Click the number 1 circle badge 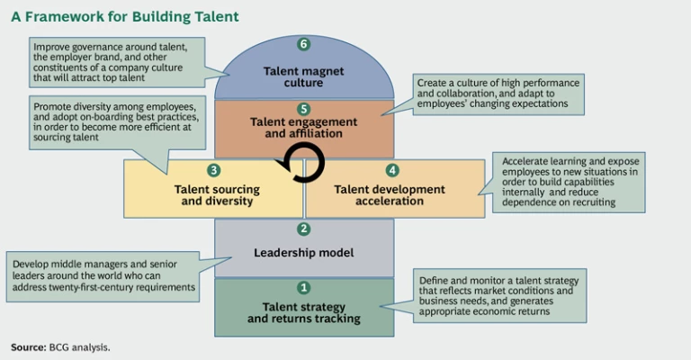(303, 288)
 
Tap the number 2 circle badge (303, 229)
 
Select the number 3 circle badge (213, 169)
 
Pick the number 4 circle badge (392, 169)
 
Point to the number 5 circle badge (303, 108)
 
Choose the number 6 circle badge (303, 44)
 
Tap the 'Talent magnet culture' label (304, 76)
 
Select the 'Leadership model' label (304, 254)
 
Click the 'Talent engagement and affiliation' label (304, 128)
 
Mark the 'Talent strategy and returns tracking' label (304, 312)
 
